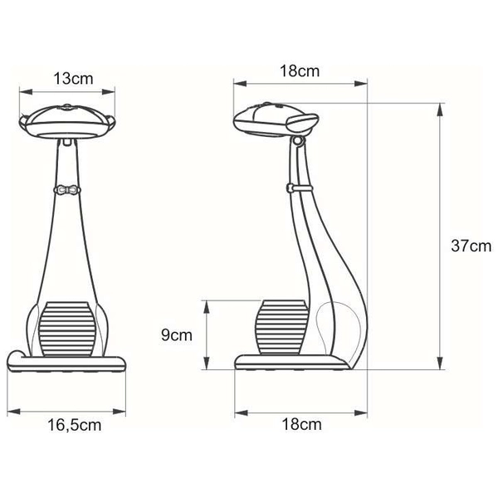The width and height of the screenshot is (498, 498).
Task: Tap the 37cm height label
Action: point(469,246)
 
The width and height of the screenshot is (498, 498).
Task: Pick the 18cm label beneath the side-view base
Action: point(300,425)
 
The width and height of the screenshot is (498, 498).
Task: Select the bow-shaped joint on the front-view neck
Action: point(68,190)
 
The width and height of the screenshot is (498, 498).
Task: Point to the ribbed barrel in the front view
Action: point(68,330)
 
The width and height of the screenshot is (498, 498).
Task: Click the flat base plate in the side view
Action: point(290,362)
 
